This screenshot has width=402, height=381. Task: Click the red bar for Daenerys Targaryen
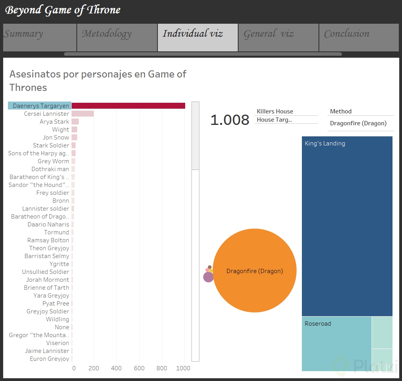(x=128, y=106)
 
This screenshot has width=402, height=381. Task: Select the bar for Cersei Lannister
(x=83, y=114)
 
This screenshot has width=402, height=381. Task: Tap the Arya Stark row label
(x=54, y=122)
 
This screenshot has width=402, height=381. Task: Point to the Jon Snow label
(x=56, y=138)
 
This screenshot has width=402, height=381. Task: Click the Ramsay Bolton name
(x=48, y=240)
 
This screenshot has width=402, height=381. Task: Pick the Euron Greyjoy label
(x=49, y=359)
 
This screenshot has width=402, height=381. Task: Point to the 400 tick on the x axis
(x=116, y=368)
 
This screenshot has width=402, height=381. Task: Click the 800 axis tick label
(x=162, y=368)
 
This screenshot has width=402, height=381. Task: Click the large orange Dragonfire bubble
(x=255, y=271)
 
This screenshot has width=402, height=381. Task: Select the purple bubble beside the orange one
(x=208, y=277)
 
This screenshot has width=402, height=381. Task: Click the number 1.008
(x=229, y=120)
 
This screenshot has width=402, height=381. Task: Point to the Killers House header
(x=275, y=111)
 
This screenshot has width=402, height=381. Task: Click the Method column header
(x=341, y=111)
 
